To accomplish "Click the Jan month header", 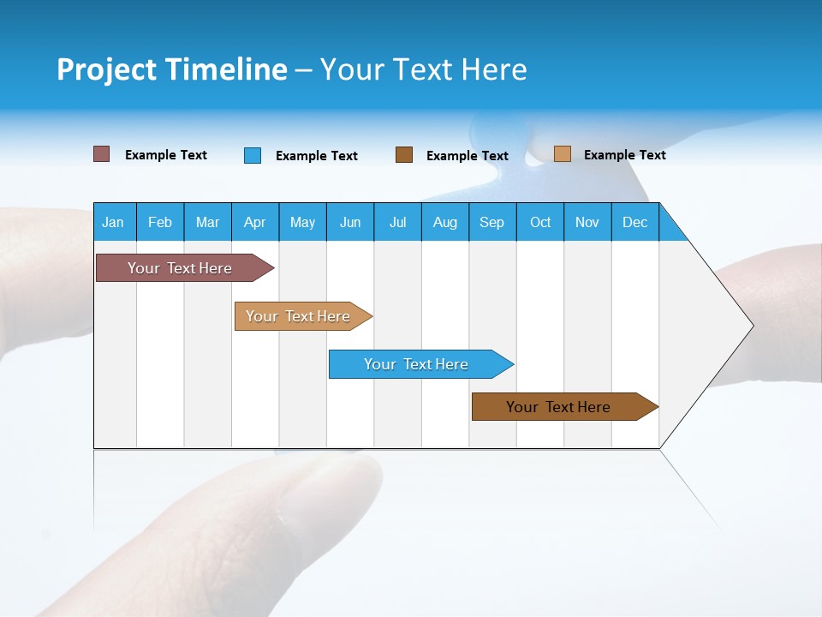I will [113, 222].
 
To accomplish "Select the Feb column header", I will [160, 222].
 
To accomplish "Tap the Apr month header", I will [254, 222].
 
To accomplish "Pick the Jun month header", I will [350, 222].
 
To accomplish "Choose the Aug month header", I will [445, 222].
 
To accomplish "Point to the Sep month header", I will [492, 222].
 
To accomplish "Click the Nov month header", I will [587, 222].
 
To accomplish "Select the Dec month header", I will [635, 222].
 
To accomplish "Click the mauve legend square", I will [102, 154].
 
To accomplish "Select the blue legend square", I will [253, 155].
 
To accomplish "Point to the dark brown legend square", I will [404, 155].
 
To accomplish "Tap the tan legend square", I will [563, 154].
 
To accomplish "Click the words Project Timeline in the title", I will [172, 69].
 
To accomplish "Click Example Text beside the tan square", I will [624, 155].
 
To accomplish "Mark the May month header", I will [302, 222].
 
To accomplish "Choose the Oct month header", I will [540, 222].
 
